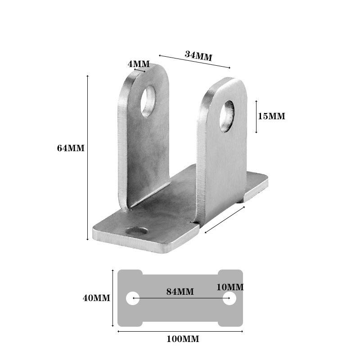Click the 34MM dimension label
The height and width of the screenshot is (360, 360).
coord(198,56)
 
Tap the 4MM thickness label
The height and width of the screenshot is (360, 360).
coord(138,64)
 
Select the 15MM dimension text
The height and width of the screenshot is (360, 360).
coord(271,116)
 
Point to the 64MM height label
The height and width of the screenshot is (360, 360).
coord(71,148)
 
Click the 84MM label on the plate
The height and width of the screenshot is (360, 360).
coord(180,292)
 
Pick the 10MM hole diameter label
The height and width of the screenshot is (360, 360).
coord(229,287)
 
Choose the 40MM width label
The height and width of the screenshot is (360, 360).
coord(96,298)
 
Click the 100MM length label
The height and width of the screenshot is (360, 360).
coord(183,339)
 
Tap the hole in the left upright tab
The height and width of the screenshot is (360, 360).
coord(148,101)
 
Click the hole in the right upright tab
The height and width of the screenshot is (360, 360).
coord(227,116)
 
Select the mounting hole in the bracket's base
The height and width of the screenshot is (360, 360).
coord(137,232)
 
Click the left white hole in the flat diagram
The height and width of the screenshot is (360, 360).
coord(132,298)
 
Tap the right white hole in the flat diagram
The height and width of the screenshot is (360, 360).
coord(229,298)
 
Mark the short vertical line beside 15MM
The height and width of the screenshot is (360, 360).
coord(256,116)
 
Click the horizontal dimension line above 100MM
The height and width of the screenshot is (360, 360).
coord(180,331)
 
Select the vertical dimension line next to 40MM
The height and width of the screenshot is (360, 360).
coord(112,298)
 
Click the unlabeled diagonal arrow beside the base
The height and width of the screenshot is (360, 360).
coord(224,220)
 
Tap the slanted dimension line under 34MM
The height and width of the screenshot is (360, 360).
coord(193,62)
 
